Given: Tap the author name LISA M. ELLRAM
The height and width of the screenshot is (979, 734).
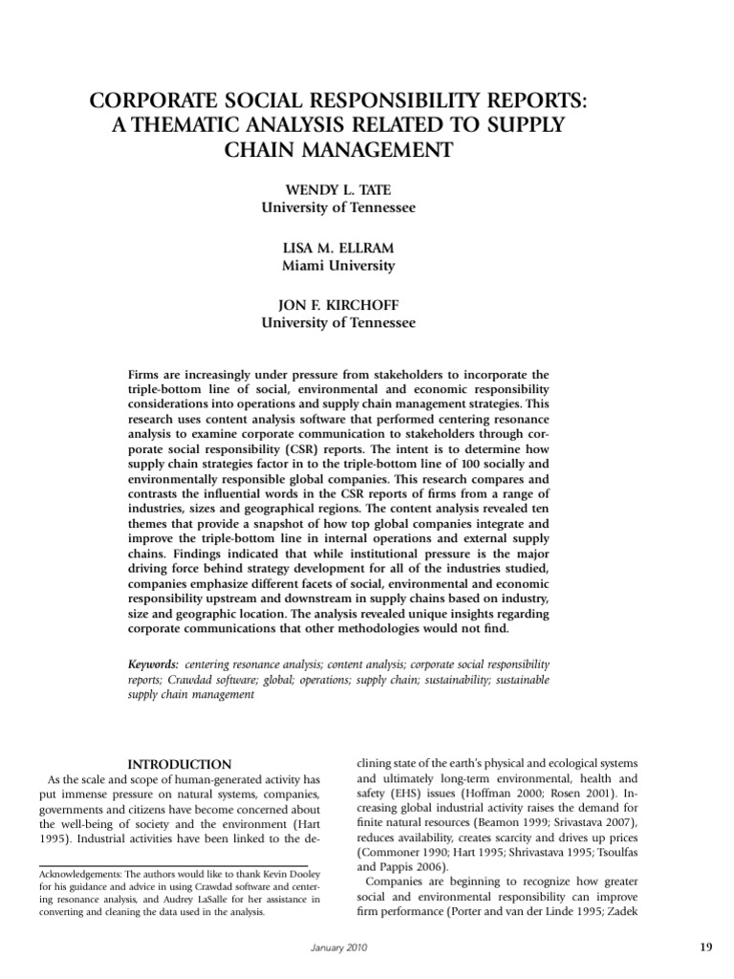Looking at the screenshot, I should (338, 247).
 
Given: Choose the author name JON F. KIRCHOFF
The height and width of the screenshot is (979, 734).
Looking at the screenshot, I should (338, 306).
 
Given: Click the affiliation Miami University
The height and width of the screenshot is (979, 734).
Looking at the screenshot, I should (338, 266).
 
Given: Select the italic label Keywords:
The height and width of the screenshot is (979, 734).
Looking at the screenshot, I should (154, 663).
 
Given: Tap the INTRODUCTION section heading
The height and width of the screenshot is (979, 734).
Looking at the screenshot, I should (180, 764).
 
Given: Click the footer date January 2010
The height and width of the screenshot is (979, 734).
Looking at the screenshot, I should (340, 947).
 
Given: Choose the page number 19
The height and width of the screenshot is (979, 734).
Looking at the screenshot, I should (705, 947).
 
